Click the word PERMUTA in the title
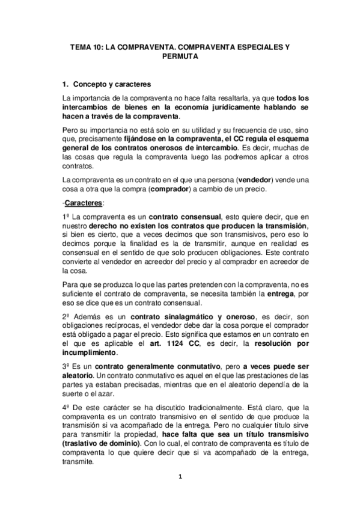(x=180, y=57)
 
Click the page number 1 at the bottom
(x=180, y=477)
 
